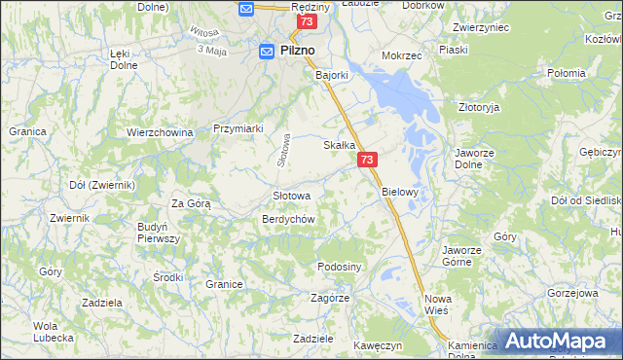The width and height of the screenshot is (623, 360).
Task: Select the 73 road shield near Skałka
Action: (366, 159)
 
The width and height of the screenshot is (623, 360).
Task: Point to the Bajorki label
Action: (332, 74)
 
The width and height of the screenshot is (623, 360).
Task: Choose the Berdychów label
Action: (287, 219)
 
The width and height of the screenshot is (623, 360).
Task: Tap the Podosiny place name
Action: (340, 267)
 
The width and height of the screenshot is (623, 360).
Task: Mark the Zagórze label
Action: (330, 298)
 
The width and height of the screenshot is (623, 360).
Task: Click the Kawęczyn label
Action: (378, 344)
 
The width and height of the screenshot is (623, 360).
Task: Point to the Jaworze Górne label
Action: (461, 255)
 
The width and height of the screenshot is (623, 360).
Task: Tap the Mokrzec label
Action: (402, 56)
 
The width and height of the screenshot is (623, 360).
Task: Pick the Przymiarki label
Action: (238, 127)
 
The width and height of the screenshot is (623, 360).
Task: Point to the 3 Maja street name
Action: (211, 50)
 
